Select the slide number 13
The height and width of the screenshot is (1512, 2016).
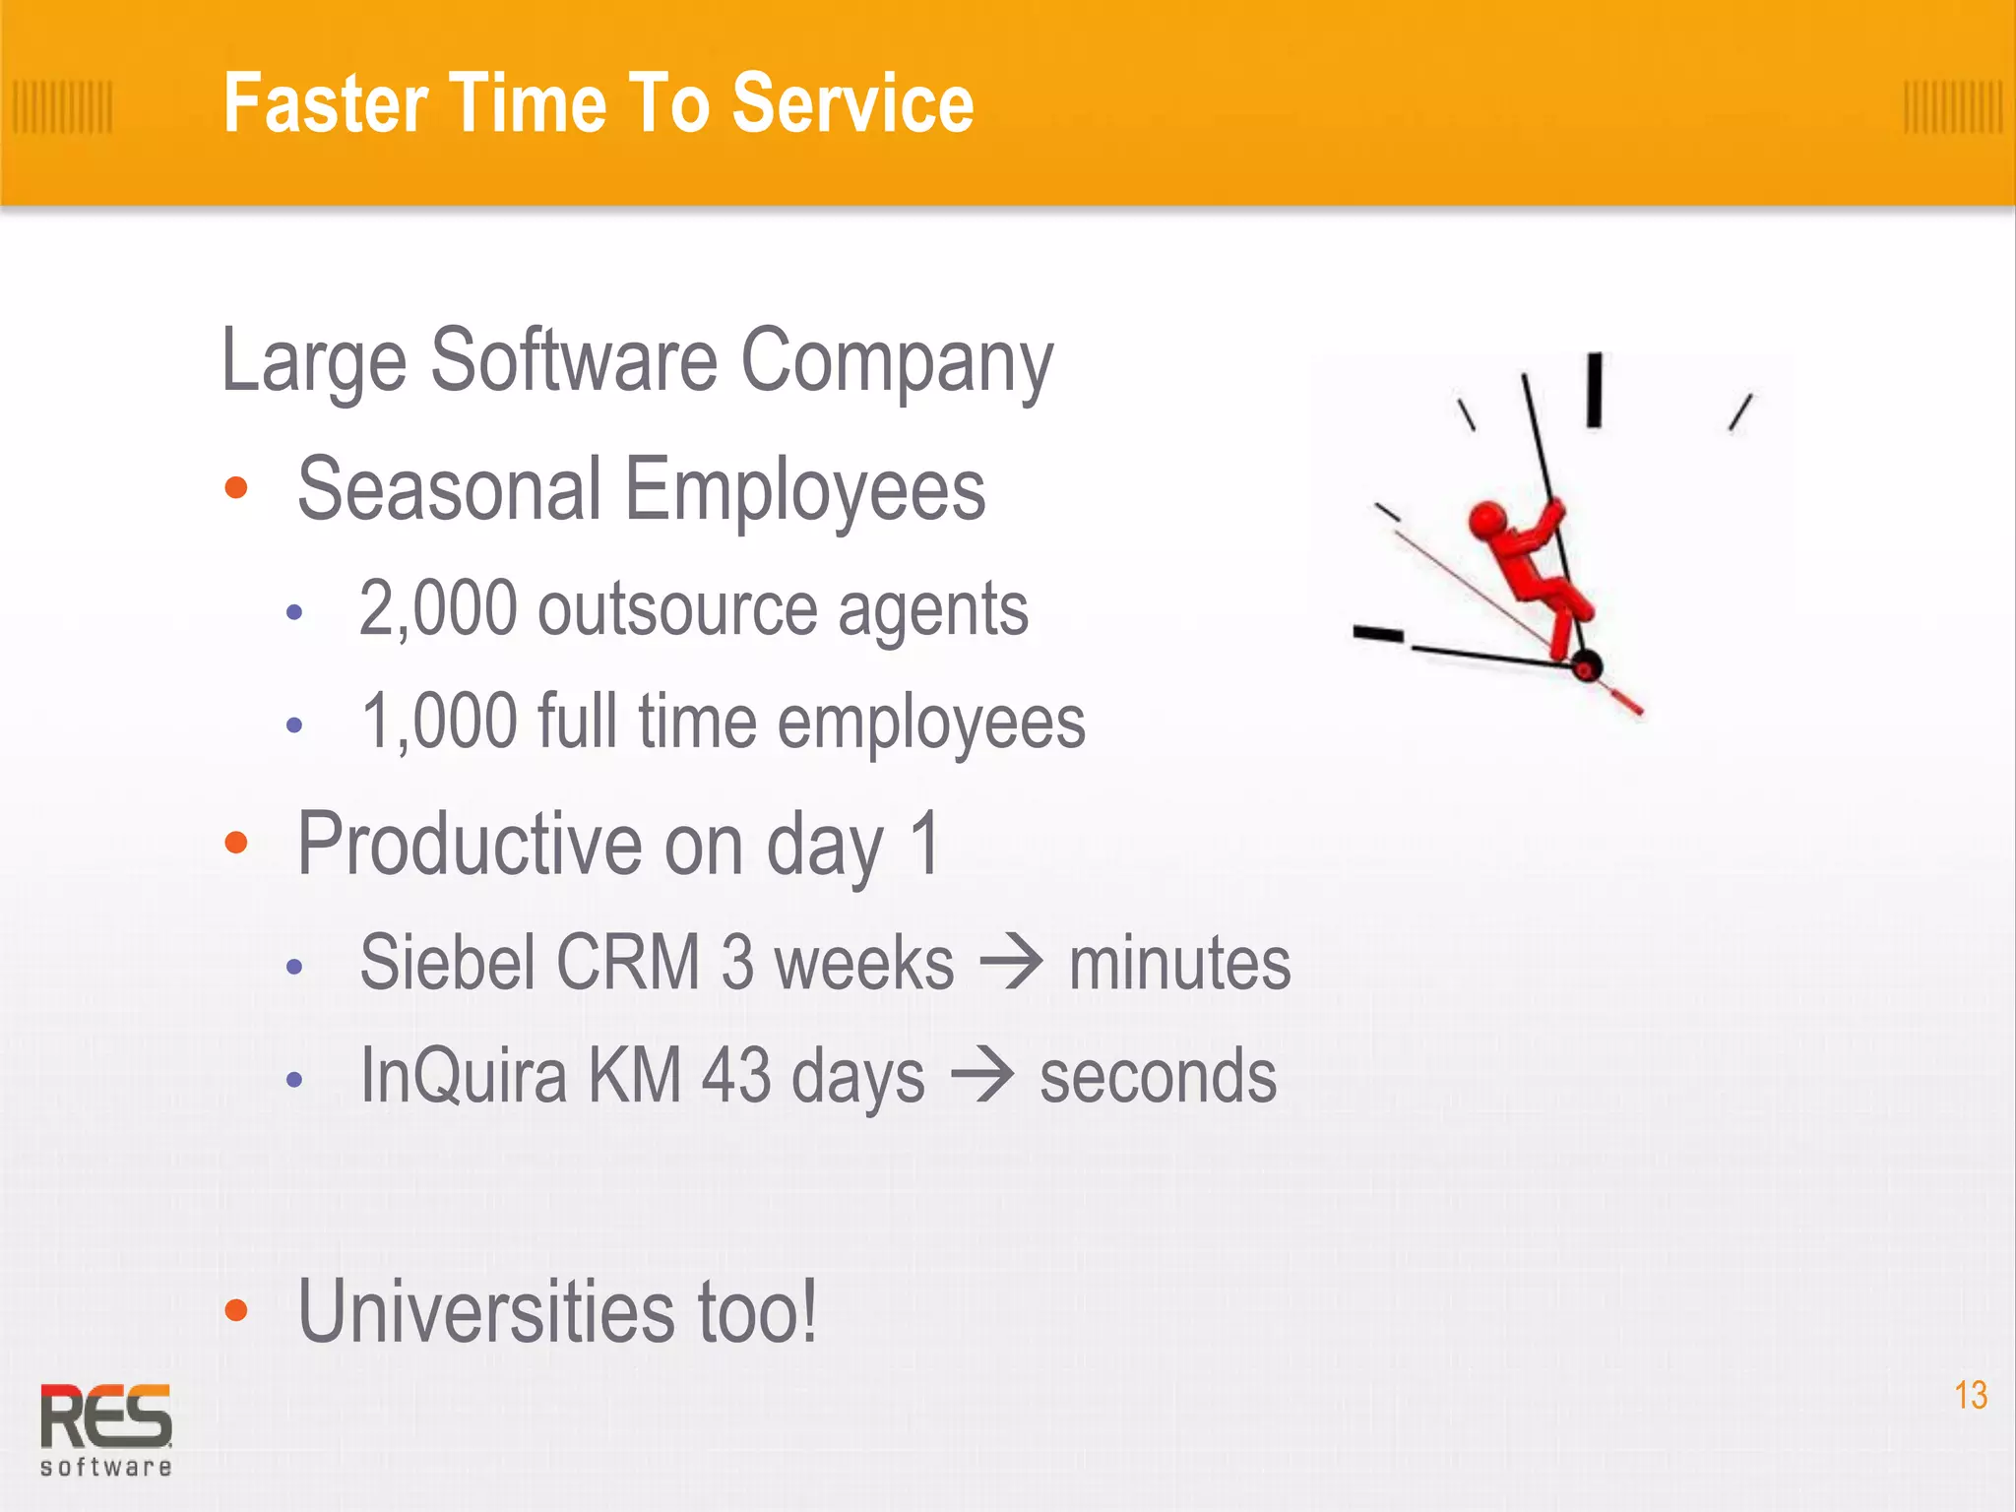point(1970,1395)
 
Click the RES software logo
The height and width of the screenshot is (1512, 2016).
point(105,1428)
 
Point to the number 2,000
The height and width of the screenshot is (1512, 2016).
point(437,609)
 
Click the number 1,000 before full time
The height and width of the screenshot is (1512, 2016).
point(438,722)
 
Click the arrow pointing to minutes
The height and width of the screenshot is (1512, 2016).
point(1011,964)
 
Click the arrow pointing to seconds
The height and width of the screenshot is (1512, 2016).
point(981,1076)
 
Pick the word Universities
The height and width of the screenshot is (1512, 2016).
point(486,1311)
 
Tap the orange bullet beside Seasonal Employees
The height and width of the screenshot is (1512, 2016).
point(236,488)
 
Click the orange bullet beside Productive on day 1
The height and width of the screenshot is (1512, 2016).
point(236,843)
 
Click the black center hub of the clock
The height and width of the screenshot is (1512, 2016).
point(1586,666)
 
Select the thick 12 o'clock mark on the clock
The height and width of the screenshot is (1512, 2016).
point(1594,391)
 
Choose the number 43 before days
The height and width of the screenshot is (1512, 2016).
point(736,1075)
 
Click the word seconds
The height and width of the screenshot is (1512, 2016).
point(1158,1077)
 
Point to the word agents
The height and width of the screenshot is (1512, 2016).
point(932,609)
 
